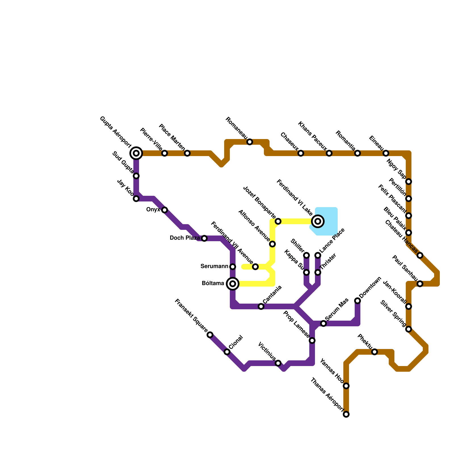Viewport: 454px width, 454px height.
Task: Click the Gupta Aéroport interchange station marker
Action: coord(136,153)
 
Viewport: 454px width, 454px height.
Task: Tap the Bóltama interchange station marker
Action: coord(233,283)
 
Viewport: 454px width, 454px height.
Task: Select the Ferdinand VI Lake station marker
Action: coord(318,221)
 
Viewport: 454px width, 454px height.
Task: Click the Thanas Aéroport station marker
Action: coord(346,414)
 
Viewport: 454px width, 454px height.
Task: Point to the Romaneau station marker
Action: coord(250,142)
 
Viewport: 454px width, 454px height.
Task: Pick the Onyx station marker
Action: coord(165,210)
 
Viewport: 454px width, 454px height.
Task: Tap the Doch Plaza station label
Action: coord(185,238)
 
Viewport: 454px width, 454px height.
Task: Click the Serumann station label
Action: coord(214,266)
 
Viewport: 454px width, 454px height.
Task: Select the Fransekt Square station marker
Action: coord(210,335)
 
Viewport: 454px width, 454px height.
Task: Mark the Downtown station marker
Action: coord(358,301)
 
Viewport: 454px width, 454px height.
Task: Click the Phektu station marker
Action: coord(375,352)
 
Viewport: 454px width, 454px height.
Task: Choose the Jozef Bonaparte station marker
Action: coord(278,221)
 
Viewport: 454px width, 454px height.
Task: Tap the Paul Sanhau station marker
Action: coord(420,284)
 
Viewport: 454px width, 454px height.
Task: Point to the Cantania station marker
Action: coord(261,306)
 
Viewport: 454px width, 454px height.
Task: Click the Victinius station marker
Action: coord(278,363)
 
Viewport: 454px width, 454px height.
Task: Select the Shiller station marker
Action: coord(306,255)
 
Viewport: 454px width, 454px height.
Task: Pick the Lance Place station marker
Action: coord(318,255)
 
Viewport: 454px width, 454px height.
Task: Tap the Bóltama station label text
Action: coord(213,283)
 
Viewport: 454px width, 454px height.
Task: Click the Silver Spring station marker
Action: coord(409,329)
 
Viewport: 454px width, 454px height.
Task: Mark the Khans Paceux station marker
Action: coord(329,153)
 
